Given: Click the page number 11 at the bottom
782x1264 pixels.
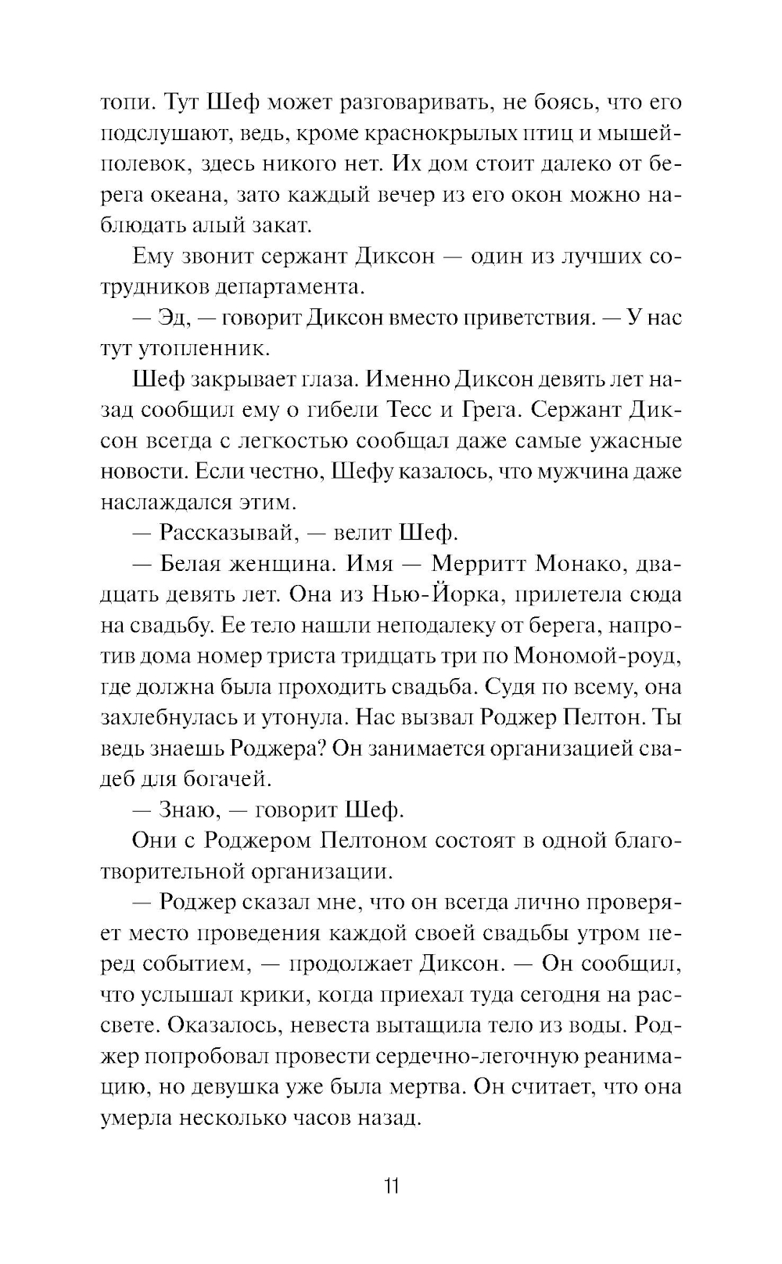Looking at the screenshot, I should [x=392, y=1186].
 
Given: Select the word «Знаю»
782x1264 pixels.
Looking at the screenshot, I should [x=188, y=810].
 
